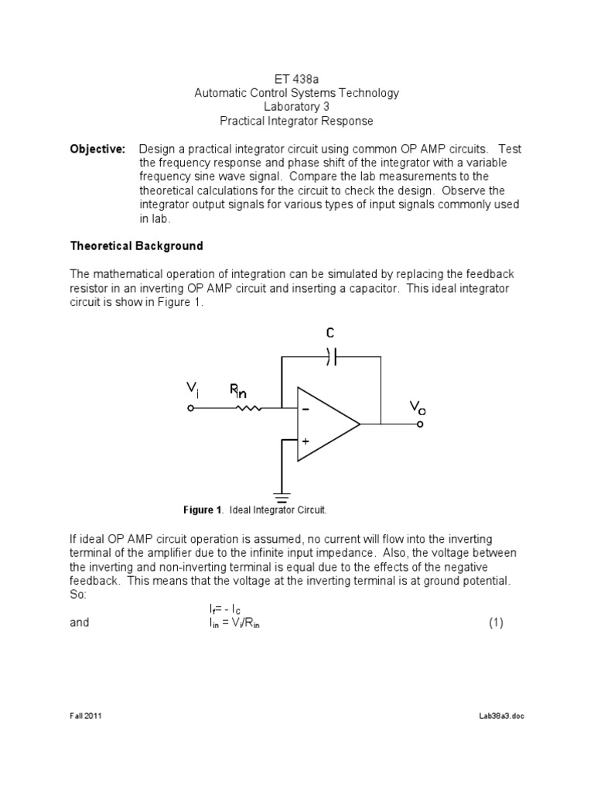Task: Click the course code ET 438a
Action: point(296,79)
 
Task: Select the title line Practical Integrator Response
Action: point(296,121)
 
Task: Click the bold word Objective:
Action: point(97,149)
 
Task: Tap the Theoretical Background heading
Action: point(136,245)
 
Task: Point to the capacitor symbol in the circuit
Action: point(331,356)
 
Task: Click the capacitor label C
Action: point(330,333)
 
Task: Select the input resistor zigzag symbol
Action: point(247,407)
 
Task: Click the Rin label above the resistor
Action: point(239,390)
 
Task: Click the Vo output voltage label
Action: point(417,407)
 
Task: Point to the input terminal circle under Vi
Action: point(191,407)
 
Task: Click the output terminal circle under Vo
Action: point(419,424)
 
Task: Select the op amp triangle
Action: point(325,424)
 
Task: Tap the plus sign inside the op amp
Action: point(306,440)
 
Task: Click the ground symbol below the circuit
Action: point(282,493)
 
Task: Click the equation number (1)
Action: point(496,622)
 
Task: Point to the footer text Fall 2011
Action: point(86,716)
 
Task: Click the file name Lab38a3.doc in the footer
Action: point(501,716)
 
